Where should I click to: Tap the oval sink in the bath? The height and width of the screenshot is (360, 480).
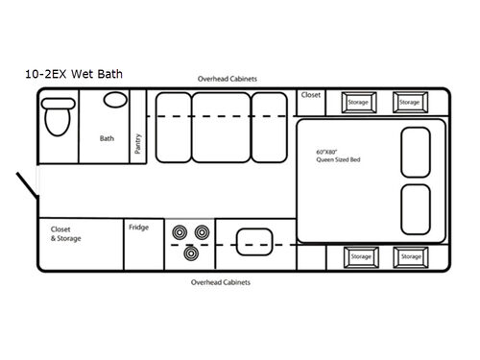(114, 100)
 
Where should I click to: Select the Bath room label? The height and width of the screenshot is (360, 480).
(107, 138)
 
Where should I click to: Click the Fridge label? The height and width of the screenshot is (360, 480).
(138, 228)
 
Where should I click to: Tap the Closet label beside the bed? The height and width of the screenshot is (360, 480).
(311, 96)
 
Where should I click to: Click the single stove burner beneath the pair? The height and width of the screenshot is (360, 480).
(190, 252)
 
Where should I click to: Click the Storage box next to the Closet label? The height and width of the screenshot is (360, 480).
(357, 101)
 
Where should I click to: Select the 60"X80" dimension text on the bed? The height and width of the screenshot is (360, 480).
(328, 153)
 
